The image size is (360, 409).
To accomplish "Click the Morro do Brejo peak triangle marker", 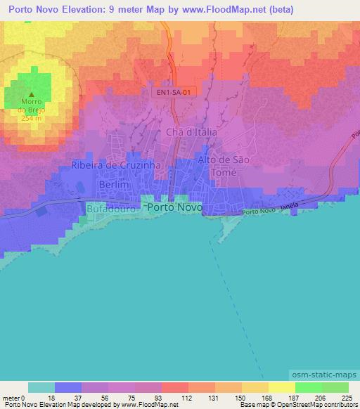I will point(32,95).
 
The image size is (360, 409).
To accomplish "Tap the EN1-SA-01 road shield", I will point(172,92).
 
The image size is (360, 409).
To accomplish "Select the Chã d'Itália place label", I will point(191,131).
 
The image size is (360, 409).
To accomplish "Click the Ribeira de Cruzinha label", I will point(116,165).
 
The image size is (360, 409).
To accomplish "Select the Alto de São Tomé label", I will point(224,166).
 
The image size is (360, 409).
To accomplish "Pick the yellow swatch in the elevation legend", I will point(281,387).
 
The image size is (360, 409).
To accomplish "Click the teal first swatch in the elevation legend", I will point(41,387).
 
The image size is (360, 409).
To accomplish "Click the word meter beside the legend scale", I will point(10,397).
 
